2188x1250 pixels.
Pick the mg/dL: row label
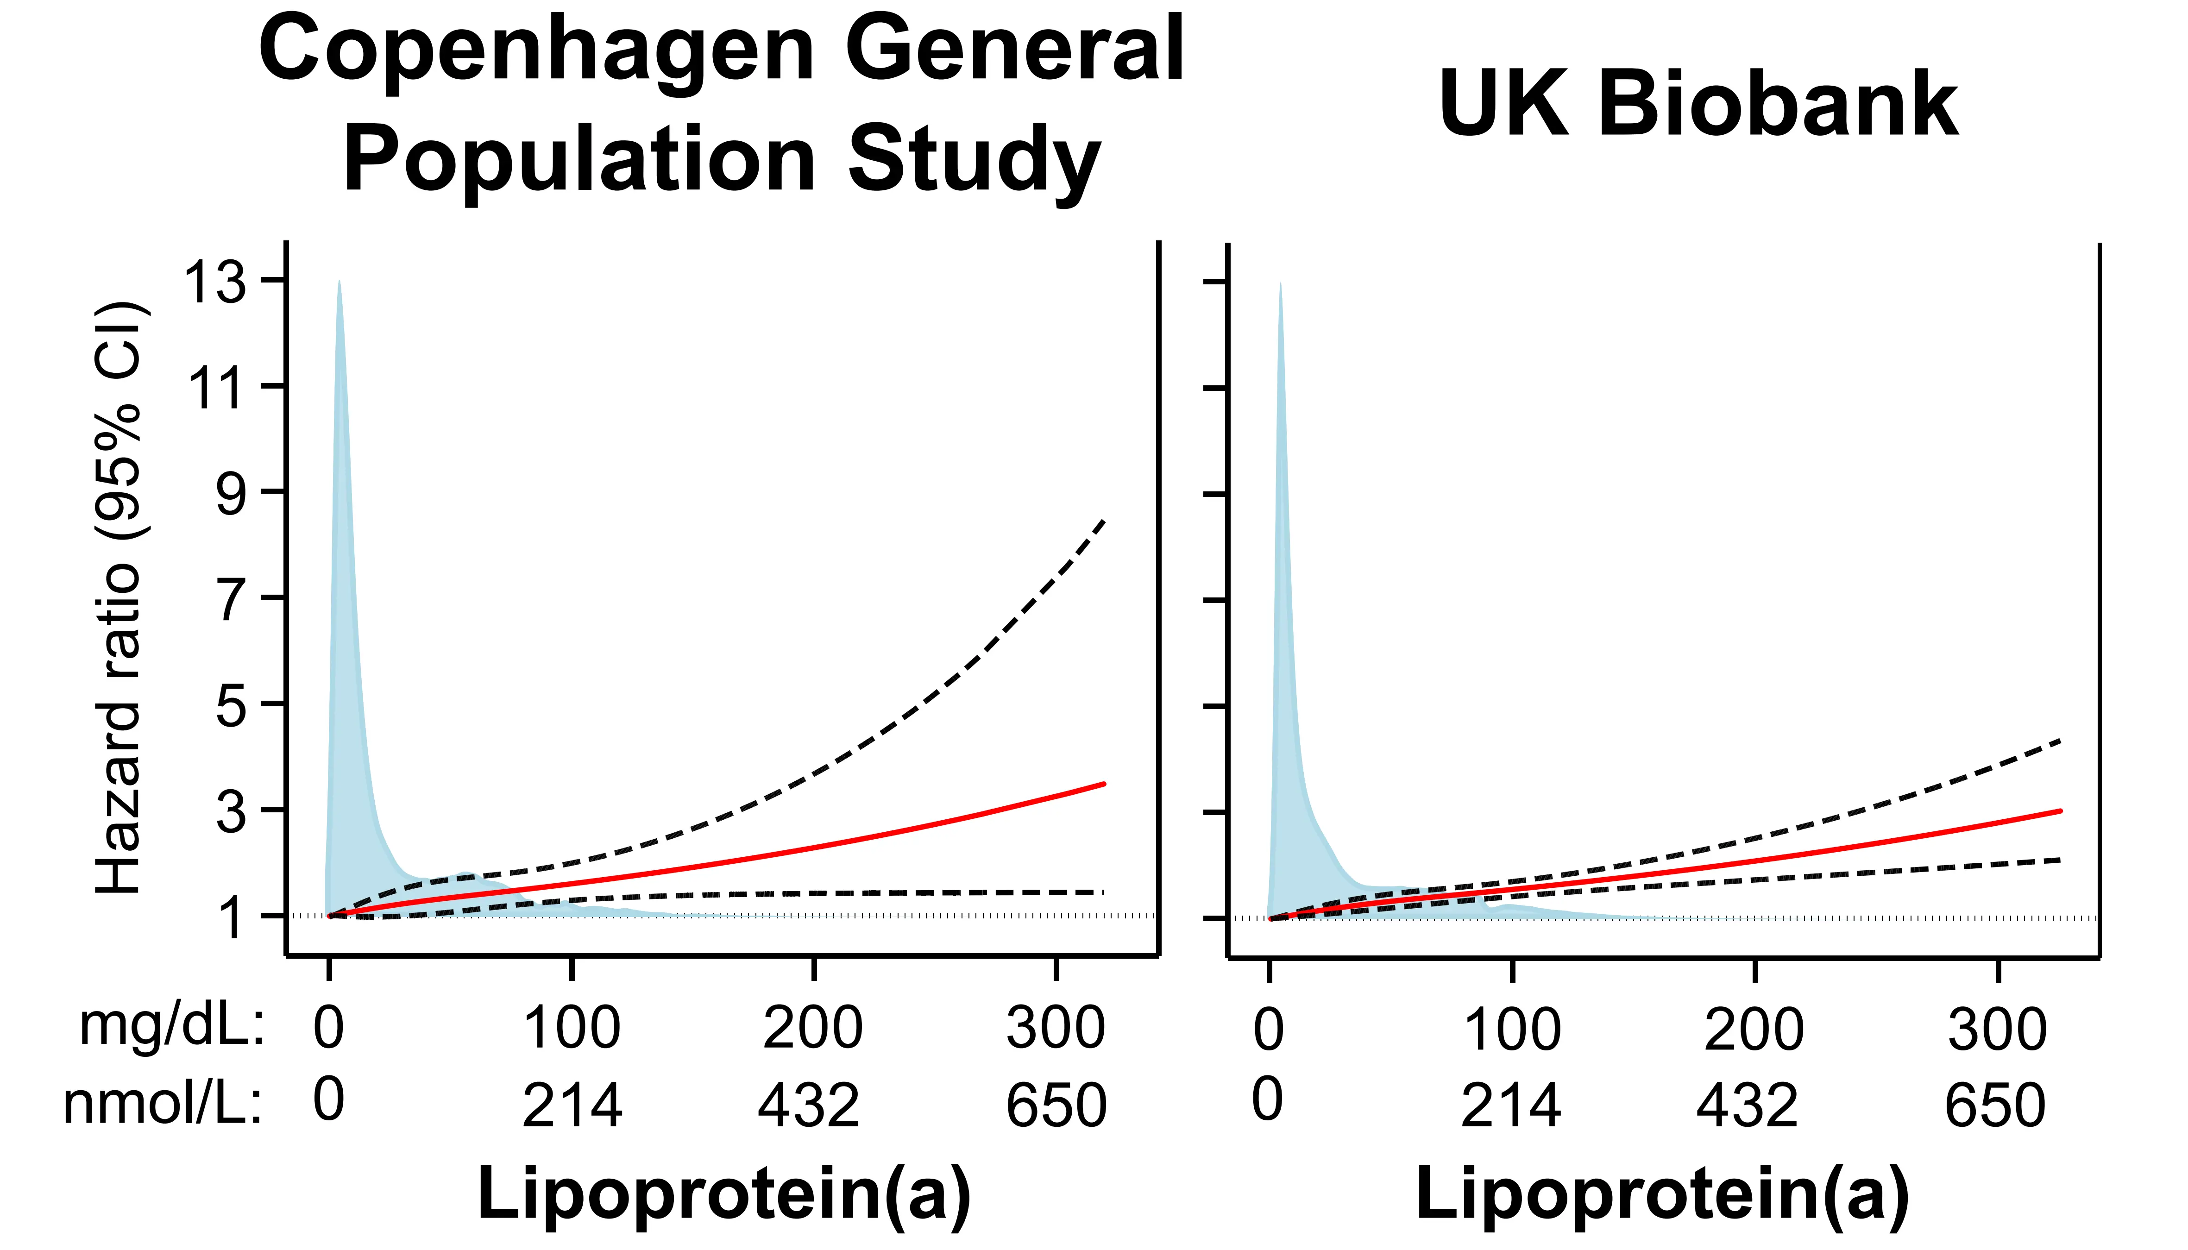pyautogui.click(x=172, y=1026)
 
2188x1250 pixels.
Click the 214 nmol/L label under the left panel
pyautogui.click(x=572, y=1105)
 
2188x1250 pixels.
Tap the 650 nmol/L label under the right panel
pyautogui.click(x=1995, y=1105)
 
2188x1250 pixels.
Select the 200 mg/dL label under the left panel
pyautogui.click(x=812, y=1028)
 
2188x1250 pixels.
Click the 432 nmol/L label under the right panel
pyautogui.click(x=1746, y=1105)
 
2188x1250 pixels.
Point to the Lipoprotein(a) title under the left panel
pyautogui.click(x=723, y=1193)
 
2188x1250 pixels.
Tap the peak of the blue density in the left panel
pyautogui.click(x=339, y=282)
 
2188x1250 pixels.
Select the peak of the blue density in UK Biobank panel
pyautogui.click(x=1280, y=283)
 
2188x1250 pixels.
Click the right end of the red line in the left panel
pyautogui.click(x=1104, y=784)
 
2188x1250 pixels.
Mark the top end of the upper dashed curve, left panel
pyautogui.click(x=1104, y=521)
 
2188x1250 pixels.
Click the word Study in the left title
pyautogui.click(x=974, y=161)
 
